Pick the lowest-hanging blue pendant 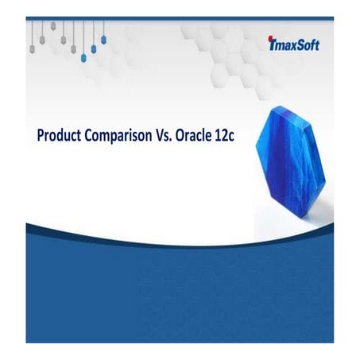pos(83,56)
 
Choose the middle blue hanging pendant pos(94,48)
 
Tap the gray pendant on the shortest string pos(53,25)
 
